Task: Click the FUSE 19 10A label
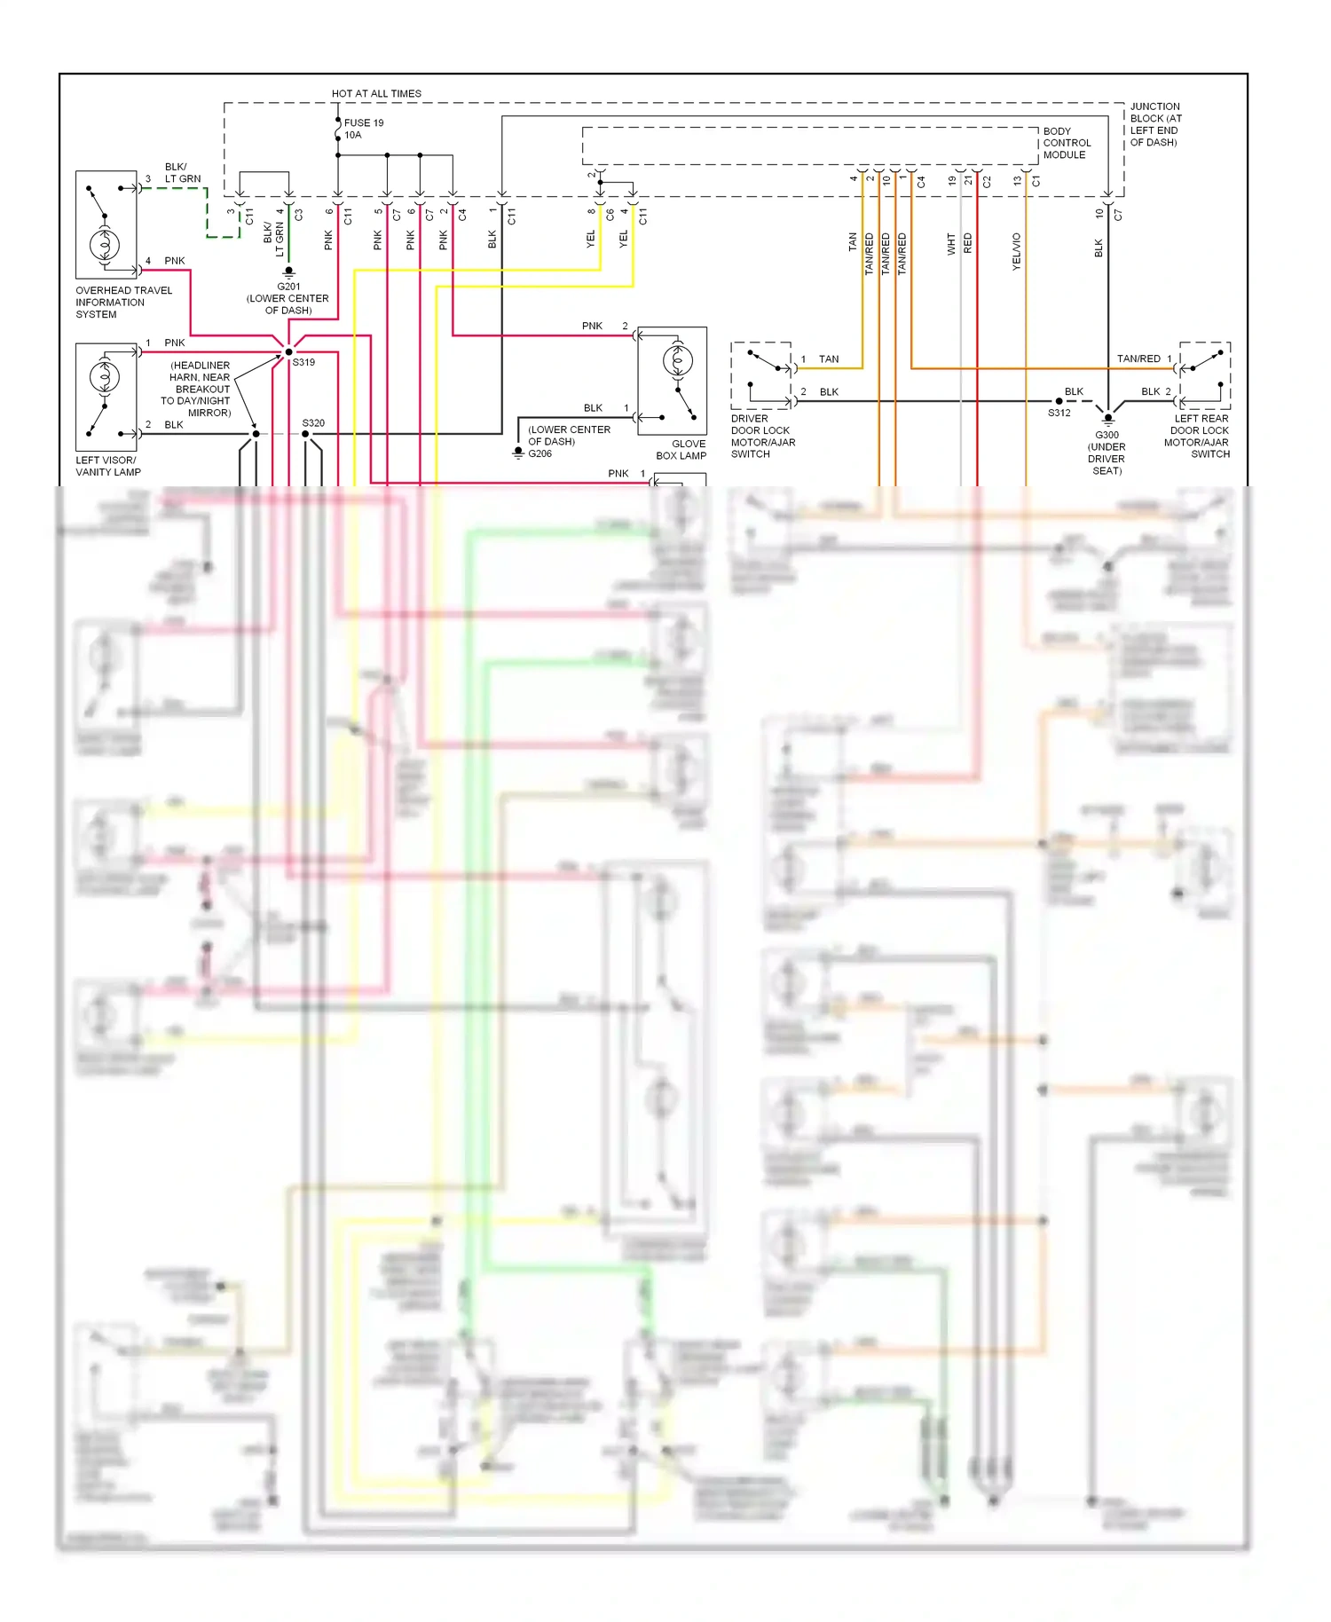tap(364, 129)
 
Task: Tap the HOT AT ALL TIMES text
tap(376, 93)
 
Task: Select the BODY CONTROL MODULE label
tap(1067, 143)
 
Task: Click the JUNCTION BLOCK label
tap(1155, 124)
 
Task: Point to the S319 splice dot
tap(289, 352)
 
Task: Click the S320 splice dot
tap(306, 434)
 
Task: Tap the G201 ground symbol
tap(288, 272)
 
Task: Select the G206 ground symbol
tap(518, 453)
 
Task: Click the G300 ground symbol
tap(1107, 420)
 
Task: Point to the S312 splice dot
tap(1059, 401)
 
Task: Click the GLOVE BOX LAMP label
tap(681, 450)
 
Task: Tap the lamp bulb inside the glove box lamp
tap(678, 361)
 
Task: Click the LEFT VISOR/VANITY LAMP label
tap(107, 466)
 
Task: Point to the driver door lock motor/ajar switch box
tap(760, 375)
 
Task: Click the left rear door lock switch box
tap(1204, 375)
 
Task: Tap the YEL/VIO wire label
tap(1017, 252)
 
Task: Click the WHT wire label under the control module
tap(951, 244)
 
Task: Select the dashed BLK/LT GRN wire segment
tap(208, 213)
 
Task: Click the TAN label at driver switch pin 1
tap(829, 359)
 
